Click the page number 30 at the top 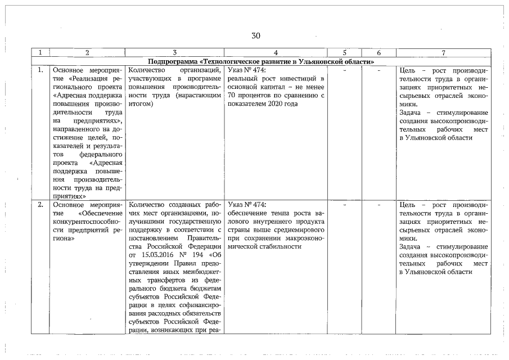click(x=256, y=36)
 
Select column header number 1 click(x=40, y=53)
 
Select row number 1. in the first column click(x=40, y=70)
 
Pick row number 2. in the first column click(x=40, y=205)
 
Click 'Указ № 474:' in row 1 click(x=247, y=70)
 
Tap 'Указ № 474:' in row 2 click(x=247, y=205)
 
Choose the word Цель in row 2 click(x=408, y=205)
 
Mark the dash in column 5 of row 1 click(x=344, y=70)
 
